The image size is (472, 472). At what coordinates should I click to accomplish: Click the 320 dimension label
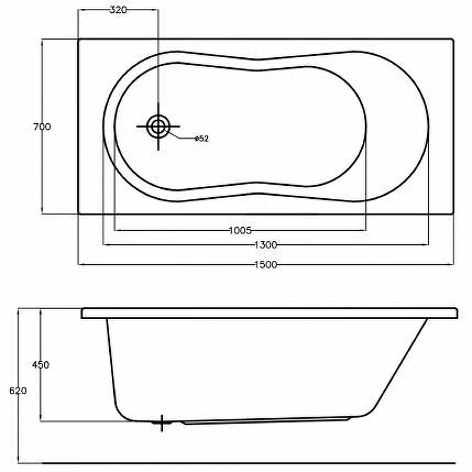point(118,10)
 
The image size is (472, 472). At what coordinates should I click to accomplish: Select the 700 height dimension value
point(42,126)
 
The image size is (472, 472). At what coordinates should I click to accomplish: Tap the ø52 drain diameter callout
point(201,139)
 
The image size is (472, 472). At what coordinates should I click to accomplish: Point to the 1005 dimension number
point(240,230)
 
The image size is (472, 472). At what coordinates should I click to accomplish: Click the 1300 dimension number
point(265,244)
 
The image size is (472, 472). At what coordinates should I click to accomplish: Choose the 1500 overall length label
point(265,265)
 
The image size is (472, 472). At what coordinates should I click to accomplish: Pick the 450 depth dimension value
point(40,365)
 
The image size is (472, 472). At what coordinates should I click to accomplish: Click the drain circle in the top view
point(158,126)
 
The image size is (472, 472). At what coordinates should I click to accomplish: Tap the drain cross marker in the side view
point(161,422)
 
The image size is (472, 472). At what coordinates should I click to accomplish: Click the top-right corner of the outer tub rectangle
point(453,40)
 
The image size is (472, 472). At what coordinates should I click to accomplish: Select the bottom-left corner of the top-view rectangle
point(78,213)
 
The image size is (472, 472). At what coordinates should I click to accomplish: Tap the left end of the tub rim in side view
point(83,313)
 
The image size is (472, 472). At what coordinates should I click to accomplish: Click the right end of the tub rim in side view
point(456,313)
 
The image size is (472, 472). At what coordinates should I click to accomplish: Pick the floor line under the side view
point(236,463)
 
